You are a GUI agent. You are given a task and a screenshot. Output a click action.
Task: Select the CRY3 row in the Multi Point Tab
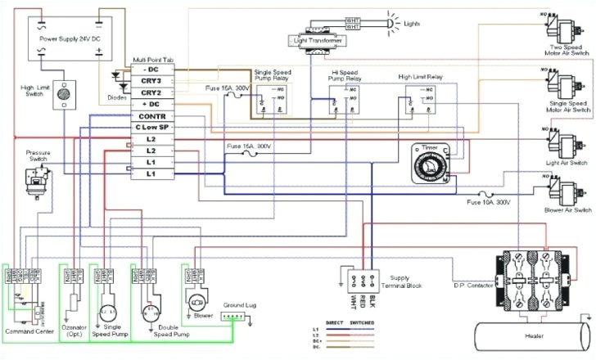point(151,81)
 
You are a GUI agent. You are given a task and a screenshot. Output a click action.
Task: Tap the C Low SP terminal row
point(151,128)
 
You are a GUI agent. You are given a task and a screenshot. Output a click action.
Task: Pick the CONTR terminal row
point(151,116)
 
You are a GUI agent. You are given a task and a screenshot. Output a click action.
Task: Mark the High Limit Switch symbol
point(63,97)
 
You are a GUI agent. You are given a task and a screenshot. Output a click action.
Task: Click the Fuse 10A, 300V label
point(488,201)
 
